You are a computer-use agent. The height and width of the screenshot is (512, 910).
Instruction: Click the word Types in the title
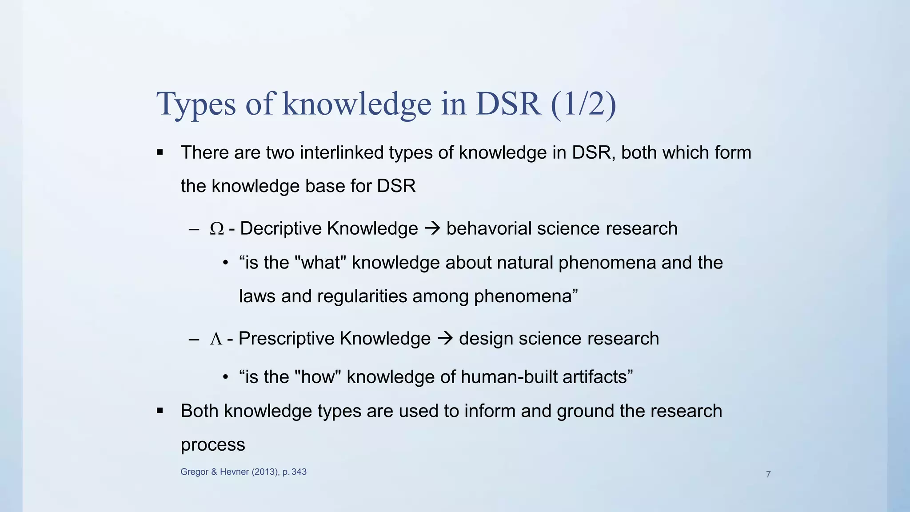pos(196,104)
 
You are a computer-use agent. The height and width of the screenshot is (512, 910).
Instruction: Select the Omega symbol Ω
pos(216,229)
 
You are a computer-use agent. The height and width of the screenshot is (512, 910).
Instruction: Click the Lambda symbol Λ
pos(216,339)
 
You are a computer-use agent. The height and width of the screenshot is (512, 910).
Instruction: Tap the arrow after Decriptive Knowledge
pos(432,228)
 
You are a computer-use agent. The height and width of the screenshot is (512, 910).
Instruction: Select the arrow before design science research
pos(445,339)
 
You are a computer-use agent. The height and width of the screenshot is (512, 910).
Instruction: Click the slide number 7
pos(768,474)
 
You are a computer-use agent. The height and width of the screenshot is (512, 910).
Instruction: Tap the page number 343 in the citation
pos(299,472)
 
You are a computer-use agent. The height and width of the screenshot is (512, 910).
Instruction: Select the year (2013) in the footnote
pos(266,472)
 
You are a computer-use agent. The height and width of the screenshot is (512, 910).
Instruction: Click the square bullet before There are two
pos(160,153)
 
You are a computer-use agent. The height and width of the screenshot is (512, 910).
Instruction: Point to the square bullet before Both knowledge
pos(160,411)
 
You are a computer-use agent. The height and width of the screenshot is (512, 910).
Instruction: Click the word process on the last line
pos(213,445)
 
